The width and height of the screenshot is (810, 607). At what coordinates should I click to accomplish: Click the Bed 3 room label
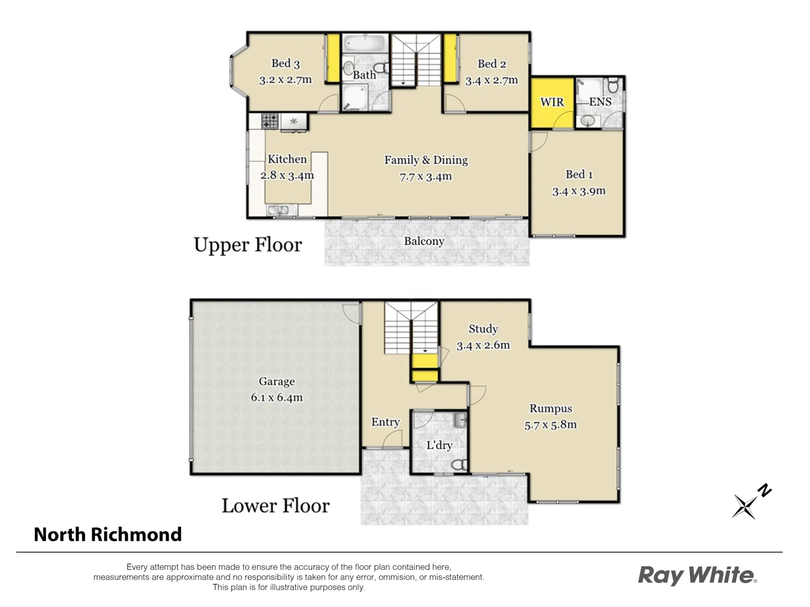tap(285, 64)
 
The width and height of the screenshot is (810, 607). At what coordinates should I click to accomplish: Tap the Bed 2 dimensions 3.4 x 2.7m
tap(491, 80)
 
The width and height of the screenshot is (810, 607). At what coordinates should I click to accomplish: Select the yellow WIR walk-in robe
tap(551, 102)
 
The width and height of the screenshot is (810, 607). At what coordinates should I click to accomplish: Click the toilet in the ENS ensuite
tap(613, 86)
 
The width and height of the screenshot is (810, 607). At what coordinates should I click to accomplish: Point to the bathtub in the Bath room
tap(364, 43)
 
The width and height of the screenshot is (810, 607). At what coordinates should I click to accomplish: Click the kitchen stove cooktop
tap(270, 120)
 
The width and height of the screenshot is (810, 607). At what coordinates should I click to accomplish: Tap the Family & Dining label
tap(426, 160)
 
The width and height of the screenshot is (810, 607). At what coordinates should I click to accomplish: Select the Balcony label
tap(424, 241)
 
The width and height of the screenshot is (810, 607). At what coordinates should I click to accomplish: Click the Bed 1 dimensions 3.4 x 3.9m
tap(579, 191)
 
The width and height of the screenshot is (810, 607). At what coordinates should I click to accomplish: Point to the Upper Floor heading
tap(247, 245)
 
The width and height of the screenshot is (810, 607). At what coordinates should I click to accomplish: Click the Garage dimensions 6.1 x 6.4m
tap(277, 397)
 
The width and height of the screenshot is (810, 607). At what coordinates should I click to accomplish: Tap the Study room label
tap(483, 329)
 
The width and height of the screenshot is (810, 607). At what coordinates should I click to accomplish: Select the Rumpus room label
tap(551, 409)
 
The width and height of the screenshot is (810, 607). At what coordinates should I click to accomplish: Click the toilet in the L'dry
tap(460, 464)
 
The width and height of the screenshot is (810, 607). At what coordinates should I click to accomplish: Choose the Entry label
tap(385, 422)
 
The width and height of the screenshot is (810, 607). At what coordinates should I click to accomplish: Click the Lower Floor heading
tap(275, 506)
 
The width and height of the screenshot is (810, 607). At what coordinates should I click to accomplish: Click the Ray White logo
tap(697, 576)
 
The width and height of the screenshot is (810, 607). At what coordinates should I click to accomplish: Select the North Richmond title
tap(108, 534)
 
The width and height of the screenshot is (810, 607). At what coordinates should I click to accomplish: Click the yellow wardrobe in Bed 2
tap(450, 58)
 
